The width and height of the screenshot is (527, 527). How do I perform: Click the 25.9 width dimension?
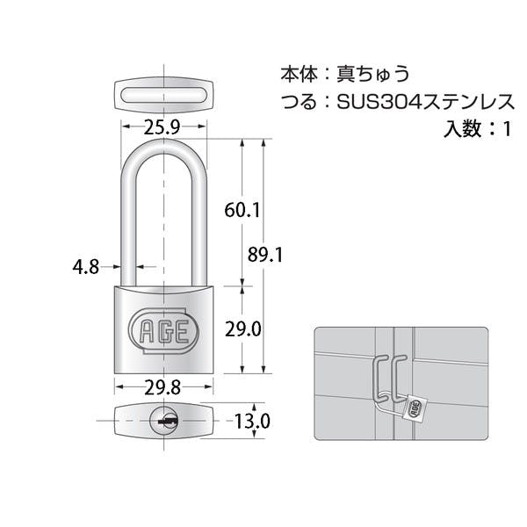[x=162, y=127]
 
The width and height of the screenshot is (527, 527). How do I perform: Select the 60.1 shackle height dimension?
[x=242, y=211]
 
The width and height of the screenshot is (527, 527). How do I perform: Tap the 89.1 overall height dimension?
[x=265, y=255]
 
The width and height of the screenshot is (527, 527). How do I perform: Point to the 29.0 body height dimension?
[x=243, y=329]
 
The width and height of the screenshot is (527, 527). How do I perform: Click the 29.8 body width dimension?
[x=162, y=388]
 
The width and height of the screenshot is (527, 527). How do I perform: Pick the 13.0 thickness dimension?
[x=252, y=421]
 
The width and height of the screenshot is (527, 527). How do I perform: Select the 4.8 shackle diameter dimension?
[x=86, y=267]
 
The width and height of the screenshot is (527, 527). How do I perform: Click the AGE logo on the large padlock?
[x=163, y=331]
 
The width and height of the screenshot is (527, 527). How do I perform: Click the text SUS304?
[x=379, y=102]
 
